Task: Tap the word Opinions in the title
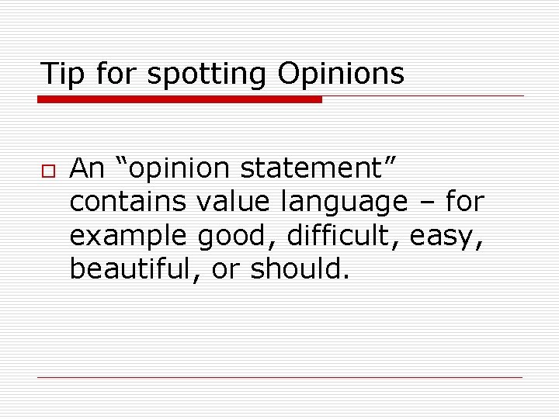(x=340, y=74)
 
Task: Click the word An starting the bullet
(x=88, y=168)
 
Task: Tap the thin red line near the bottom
(x=279, y=378)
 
